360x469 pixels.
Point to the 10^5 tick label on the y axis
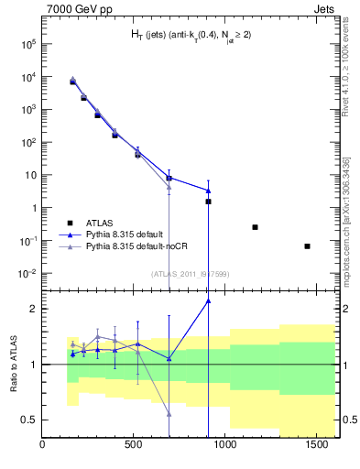[27, 43]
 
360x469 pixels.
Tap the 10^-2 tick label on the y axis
[27, 273]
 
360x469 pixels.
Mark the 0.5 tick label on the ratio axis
[29, 420]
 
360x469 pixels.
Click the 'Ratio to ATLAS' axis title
[13, 364]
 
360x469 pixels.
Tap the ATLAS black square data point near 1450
[307, 245]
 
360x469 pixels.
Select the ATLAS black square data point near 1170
[255, 227]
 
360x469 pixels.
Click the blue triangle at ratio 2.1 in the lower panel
[208, 300]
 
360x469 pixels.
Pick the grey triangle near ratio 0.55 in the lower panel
[169, 414]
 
